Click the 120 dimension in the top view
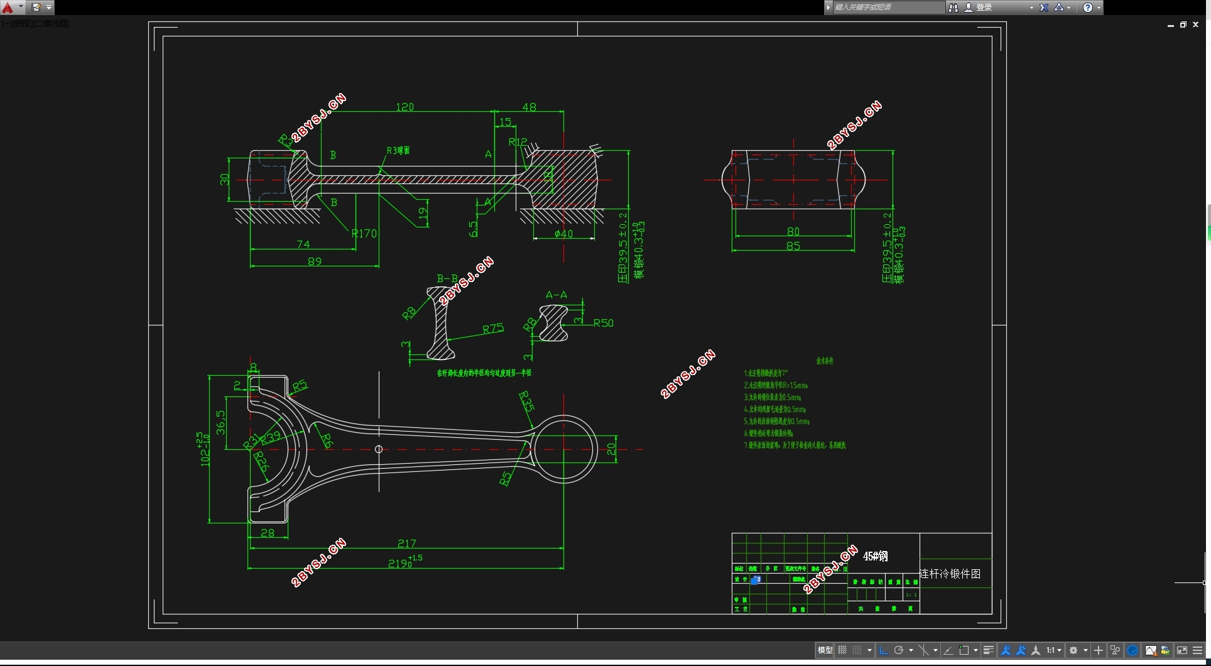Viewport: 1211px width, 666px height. click(405, 107)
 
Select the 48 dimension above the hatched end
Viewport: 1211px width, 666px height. click(529, 107)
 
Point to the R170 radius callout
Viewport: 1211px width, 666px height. click(364, 233)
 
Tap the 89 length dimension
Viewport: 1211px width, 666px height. click(315, 261)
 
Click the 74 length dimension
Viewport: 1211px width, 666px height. click(303, 244)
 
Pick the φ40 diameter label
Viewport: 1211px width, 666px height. click(563, 234)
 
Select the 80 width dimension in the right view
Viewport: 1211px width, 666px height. click(793, 231)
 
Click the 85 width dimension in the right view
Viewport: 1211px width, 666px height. click(793, 246)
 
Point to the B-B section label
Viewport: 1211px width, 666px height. click(447, 278)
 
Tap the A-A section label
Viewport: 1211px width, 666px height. click(556, 295)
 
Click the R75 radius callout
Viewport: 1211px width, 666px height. click(493, 329)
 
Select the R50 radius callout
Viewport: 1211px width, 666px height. click(603, 323)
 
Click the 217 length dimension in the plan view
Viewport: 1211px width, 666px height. click(406, 543)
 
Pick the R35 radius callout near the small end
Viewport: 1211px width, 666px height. click(526, 401)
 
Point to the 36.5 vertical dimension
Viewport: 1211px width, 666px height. click(220, 422)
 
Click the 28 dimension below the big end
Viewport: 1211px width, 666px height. click(268, 533)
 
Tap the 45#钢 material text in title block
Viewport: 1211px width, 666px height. click(875, 556)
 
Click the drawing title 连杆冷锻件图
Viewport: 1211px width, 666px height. click(950, 574)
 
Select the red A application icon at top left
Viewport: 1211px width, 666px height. click(8, 8)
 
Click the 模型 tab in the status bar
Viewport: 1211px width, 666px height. click(825, 650)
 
